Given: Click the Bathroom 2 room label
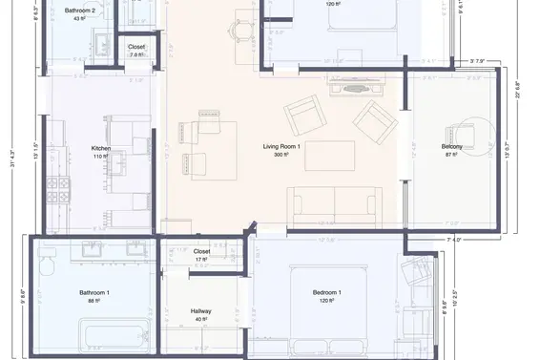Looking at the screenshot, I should click(x=80, y=11).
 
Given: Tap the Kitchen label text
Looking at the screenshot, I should click(x=101, y=148).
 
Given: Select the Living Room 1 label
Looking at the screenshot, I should click(x=281, y=146).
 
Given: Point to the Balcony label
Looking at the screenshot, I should click(x=451, y=146).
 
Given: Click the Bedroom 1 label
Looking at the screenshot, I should click(x=327, y=292).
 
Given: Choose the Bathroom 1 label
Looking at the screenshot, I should click(x=94, y=292).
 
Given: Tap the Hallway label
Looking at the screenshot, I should click(x=201, y=312).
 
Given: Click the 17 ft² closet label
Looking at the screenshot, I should click(x=201, y=259).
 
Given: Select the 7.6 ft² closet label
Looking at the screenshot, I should click(x=136, y=54).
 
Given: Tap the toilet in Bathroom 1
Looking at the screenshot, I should click(x=47, y=264).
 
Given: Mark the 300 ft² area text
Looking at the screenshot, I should click(x=281, y=155).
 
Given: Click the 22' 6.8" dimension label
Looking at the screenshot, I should click(x=518, y=95).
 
